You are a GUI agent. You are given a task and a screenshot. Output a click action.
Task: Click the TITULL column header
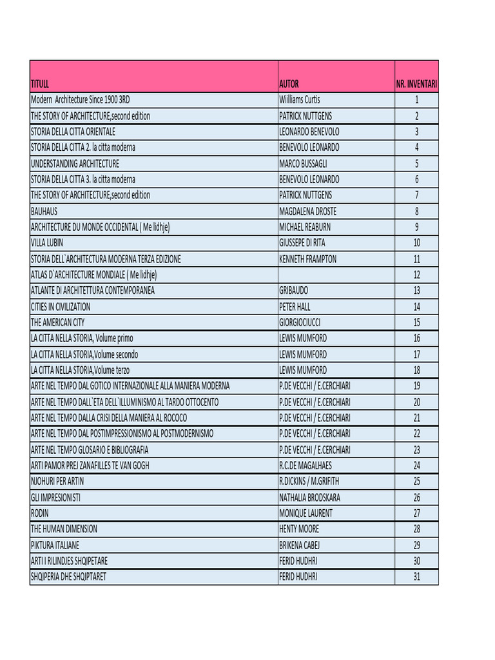39,84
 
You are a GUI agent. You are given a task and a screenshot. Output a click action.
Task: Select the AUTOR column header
289,84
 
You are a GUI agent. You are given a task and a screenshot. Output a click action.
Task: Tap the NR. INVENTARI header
416,84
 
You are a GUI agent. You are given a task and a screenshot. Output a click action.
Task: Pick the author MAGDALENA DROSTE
307,211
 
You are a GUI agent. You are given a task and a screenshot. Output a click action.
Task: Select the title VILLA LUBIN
47,243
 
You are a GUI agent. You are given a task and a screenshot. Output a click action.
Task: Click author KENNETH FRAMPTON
307,259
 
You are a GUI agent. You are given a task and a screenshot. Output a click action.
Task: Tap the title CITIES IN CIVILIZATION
61,307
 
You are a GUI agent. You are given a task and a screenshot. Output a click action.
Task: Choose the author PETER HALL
295,307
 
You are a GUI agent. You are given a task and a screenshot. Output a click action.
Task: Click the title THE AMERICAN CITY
57,322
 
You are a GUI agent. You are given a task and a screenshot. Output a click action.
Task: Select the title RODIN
39,513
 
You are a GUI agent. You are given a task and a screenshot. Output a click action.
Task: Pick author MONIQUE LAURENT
306,513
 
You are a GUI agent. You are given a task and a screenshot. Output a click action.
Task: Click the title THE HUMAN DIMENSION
64,529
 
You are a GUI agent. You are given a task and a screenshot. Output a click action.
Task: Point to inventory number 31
416,577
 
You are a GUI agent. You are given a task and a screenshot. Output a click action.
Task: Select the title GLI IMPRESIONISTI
55,498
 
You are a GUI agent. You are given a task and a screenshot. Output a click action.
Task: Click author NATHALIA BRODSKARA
309,498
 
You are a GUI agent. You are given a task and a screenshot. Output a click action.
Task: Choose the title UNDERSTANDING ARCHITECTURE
75,164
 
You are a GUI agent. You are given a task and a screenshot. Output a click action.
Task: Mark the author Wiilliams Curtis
299,100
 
